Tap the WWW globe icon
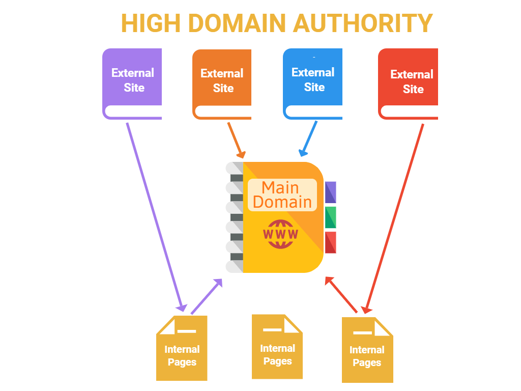(280, 234)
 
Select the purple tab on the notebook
(331, 192)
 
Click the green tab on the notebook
(331, 217)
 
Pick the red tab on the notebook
(331, 242)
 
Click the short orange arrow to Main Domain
(237, 140)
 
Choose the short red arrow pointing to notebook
(341, 295)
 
